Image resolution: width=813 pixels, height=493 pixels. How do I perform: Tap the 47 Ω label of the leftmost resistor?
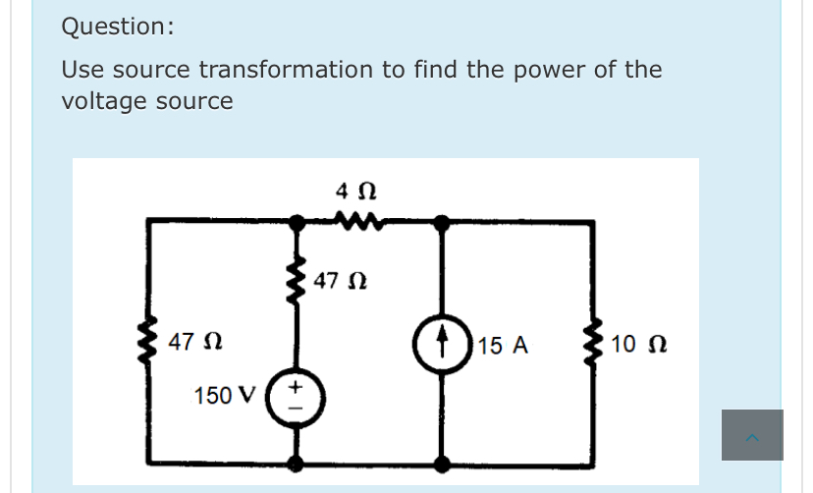193,343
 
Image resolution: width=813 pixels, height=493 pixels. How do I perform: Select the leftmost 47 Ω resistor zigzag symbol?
150,344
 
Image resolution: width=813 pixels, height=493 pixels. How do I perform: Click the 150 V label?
225,396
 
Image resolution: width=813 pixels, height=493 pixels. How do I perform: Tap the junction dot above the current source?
443,223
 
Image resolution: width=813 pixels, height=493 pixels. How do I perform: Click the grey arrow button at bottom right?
752,435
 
